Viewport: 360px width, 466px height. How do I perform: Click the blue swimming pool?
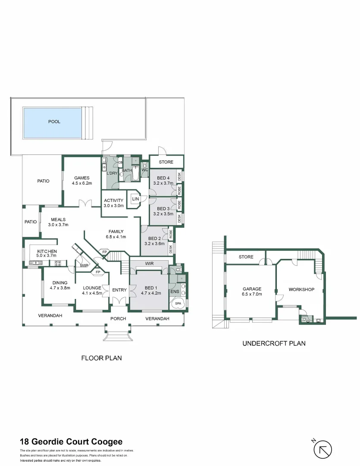pos(52,122)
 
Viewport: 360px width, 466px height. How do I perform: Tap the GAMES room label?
pos(81,178)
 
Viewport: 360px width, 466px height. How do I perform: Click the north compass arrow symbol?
pos(322,450)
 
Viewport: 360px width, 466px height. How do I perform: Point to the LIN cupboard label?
pos(135,199)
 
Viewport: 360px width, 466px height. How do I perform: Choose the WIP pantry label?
pos(84,266)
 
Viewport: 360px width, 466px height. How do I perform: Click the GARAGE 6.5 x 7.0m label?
pos(252,292)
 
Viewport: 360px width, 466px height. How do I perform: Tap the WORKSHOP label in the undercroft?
pos(301,290)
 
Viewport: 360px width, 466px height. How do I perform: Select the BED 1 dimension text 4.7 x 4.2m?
pos(150,293)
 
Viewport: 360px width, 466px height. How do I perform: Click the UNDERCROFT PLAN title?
pos(274,343)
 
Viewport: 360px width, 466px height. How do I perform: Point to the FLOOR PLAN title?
pos(102,358)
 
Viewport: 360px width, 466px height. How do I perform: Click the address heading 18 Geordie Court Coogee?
pos(71,441)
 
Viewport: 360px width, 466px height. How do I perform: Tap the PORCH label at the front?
pos(118,319)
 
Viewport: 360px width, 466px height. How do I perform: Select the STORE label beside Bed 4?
pos(166,162)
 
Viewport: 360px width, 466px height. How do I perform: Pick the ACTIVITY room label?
pos(114,201)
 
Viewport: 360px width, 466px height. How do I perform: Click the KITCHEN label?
pos(47,252)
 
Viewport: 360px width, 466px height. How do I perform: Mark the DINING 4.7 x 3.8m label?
pos(60,285)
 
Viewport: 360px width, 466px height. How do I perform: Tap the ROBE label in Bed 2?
pos(171,234)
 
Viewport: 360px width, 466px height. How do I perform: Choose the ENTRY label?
pos(119,290)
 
